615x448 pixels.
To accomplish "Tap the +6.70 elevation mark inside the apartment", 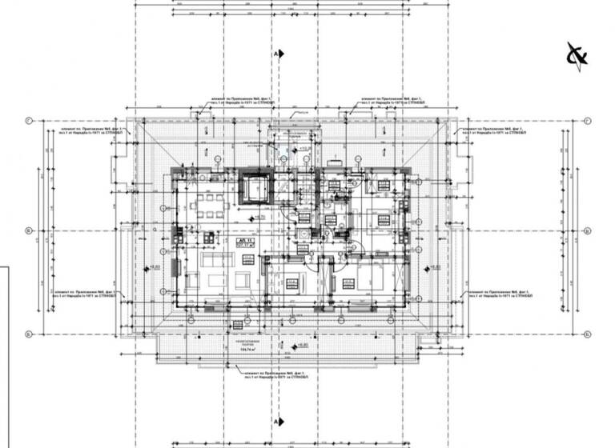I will click(x=259, y=216).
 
